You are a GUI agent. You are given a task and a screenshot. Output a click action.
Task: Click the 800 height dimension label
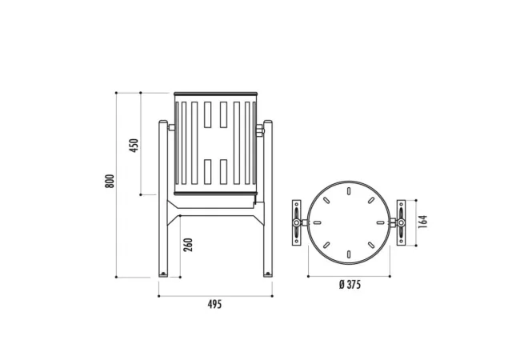110,181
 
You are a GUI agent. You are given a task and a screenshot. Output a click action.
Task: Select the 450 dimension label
134,146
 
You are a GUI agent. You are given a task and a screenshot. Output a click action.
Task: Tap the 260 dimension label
188,245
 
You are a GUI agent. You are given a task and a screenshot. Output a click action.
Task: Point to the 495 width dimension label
215,305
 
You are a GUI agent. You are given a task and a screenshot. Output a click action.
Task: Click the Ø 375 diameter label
350,285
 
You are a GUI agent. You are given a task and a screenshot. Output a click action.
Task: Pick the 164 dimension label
422,222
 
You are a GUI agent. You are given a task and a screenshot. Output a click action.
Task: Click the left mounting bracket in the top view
296,222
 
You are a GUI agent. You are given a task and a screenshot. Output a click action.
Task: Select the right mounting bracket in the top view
401,222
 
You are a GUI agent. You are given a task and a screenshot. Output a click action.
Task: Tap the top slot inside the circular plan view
349,191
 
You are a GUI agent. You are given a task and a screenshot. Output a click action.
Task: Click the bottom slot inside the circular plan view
349,254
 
